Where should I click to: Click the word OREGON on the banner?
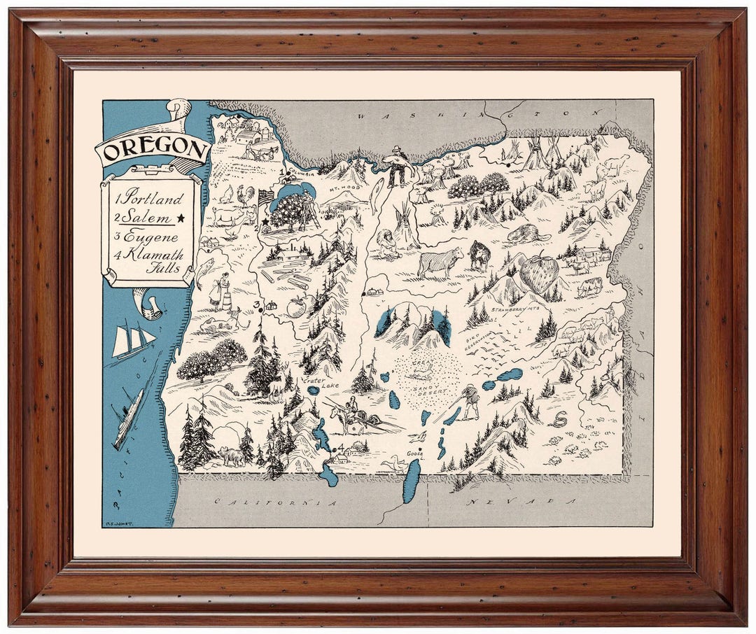pos(153,149)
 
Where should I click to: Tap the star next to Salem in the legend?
pos(181,218)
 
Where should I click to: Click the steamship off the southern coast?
pos(129,417)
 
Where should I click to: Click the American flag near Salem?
pos(265,197)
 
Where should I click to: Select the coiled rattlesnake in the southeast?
pos(559,419)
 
